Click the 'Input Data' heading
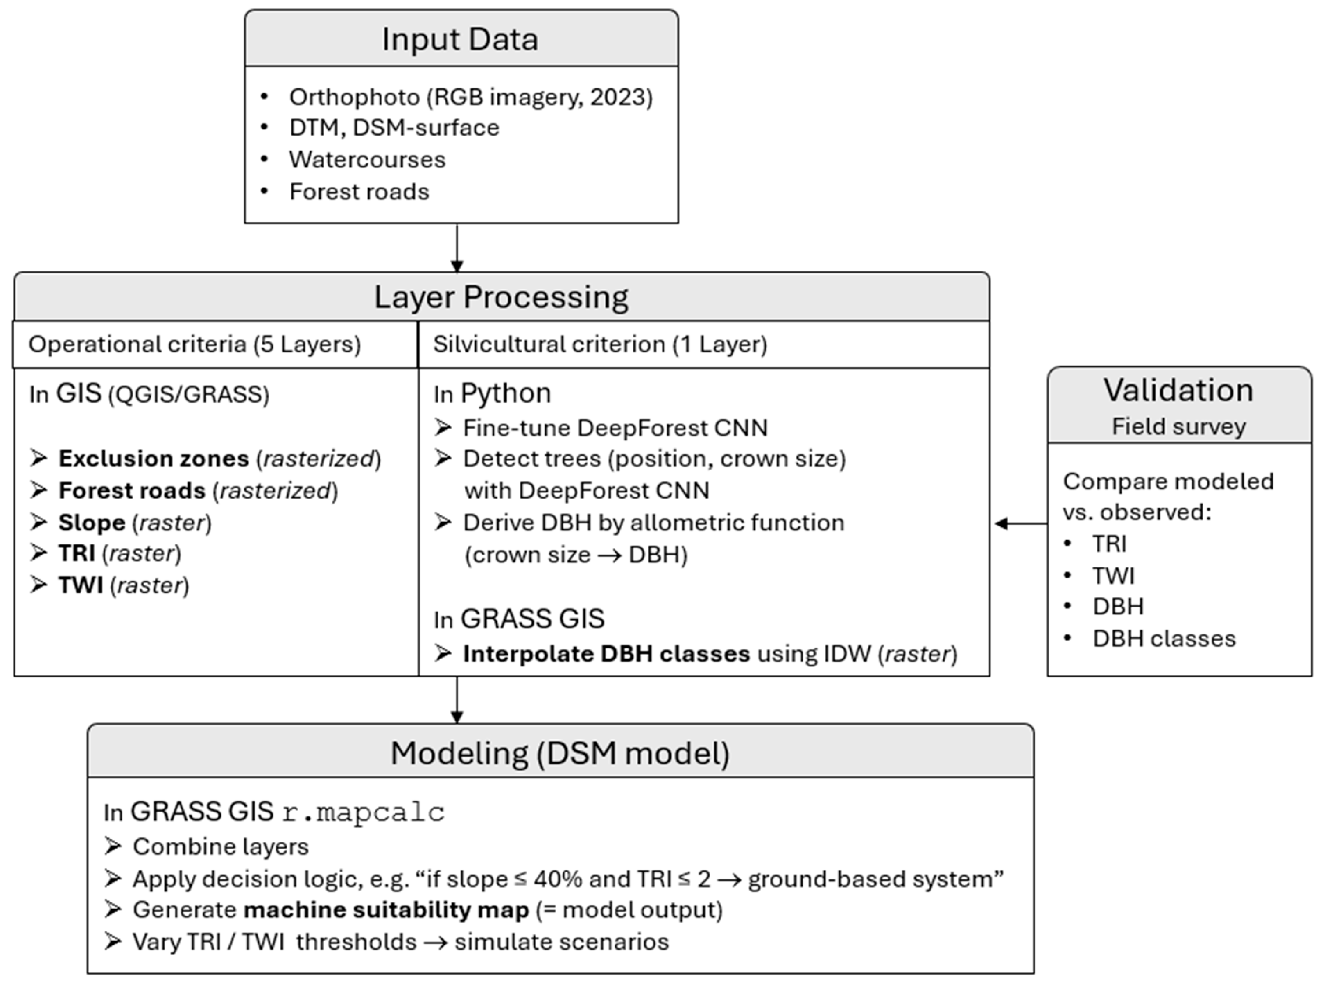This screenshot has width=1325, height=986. [460, 39]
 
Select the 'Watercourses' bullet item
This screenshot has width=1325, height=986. [367, 160]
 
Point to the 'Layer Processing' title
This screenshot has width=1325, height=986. [501, 297]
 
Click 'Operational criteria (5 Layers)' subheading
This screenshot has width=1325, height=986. [195, 344]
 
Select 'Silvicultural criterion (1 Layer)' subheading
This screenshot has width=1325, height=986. [599, 344]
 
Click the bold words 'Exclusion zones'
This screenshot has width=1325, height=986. [153, 459]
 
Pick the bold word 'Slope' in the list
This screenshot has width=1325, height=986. [91, 523]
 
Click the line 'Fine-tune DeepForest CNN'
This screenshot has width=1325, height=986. [615, 428]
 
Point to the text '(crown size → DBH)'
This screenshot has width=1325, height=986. [576, 555]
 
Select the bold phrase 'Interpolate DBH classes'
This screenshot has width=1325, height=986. [606, 654]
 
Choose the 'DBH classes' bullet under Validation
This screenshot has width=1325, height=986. [1163, 639]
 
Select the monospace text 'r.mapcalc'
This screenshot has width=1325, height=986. [363, 813]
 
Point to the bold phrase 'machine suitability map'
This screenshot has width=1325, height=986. [386, 910]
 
